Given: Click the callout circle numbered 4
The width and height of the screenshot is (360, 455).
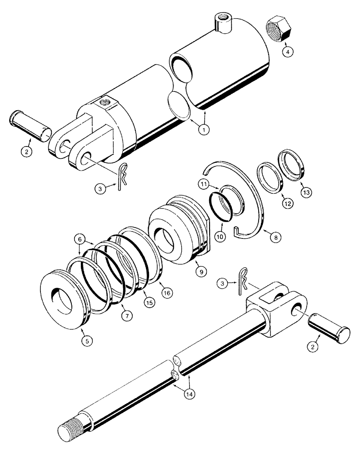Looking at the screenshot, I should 287,51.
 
